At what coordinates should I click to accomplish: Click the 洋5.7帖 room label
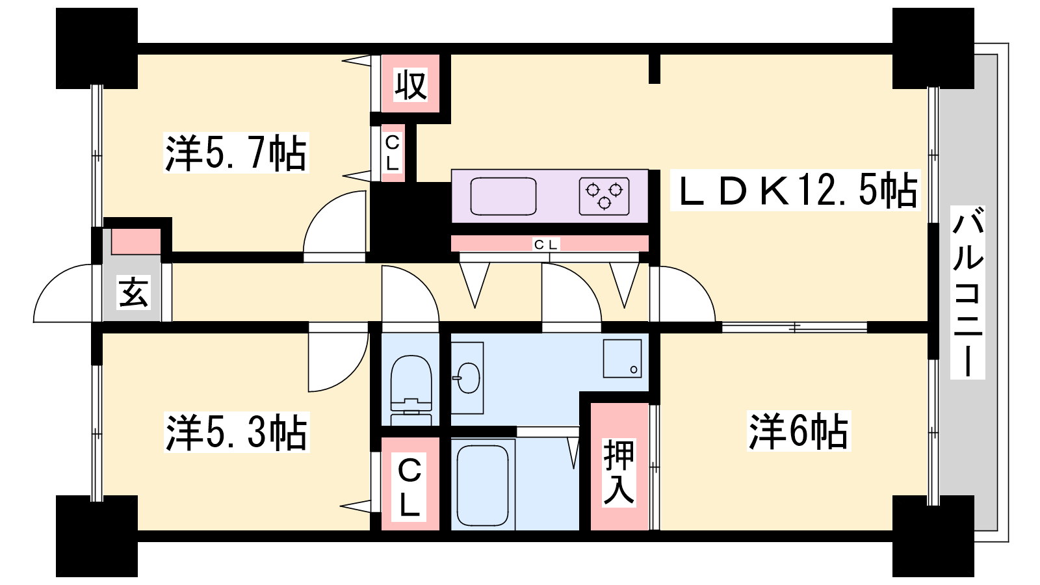236,153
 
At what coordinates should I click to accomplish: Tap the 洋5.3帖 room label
237,432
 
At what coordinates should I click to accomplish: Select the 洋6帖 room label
799,431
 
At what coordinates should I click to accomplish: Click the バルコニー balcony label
968,292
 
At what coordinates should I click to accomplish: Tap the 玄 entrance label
133,292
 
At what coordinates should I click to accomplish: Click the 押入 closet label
619,473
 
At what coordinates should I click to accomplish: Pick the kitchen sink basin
503,196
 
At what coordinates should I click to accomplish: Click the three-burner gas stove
604,196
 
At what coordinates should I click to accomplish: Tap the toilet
411,390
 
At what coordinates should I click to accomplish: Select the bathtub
483,485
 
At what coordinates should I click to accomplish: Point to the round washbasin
468,378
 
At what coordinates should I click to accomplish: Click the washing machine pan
622,358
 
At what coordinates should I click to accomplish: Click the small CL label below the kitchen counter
546,244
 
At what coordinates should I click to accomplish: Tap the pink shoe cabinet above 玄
136,241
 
